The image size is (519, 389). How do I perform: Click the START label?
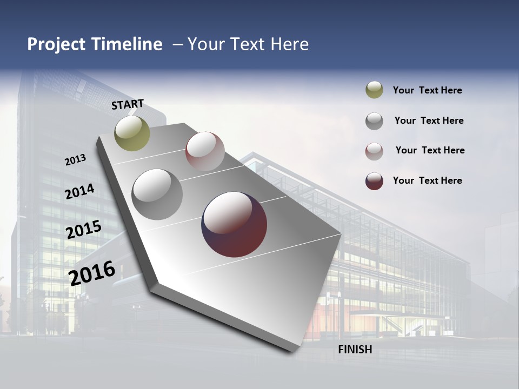point(128,104)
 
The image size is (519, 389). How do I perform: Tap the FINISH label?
point(355,350)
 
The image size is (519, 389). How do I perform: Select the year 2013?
point(75,160)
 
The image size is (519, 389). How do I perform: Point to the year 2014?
point(79,192)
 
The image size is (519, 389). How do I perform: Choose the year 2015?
point(83,230)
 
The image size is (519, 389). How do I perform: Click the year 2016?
point(92,273)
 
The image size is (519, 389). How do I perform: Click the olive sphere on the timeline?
point(132,133)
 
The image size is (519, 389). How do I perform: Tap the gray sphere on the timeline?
point(157,194)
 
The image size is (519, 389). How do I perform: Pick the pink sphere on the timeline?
point(205,151)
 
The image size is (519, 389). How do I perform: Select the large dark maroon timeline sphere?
point(234,224)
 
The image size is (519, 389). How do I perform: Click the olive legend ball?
point(374,90)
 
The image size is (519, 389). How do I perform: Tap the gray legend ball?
point(374,121)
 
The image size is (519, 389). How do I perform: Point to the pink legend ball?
point(374,151)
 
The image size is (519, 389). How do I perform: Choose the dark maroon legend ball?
point(374,181)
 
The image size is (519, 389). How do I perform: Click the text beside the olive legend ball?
point(427,91)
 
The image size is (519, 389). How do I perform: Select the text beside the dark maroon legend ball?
point(427,180)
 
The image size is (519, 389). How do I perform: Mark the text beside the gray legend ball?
point(429,120)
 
